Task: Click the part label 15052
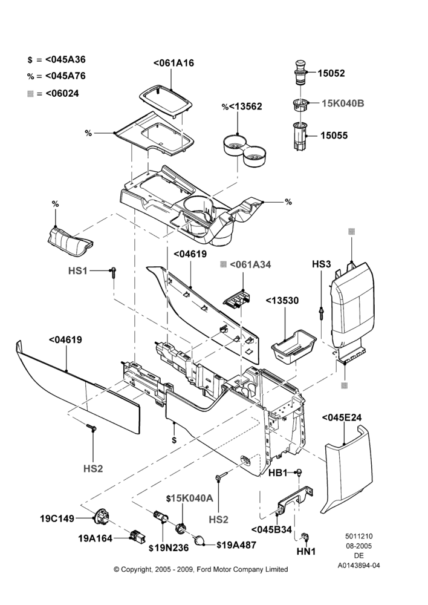(331, 73)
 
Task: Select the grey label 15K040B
(343, 103)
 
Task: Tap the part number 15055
(334, 136)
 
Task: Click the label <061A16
(173, 63)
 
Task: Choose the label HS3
(322, 264)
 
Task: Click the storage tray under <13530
(294, 347)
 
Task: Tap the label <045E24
(342, 417)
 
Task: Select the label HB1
(278, 473)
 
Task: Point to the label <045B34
(271, 529)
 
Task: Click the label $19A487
(236, 545)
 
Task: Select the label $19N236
(169, 548)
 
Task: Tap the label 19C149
(57, 518)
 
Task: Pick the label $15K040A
(190, 498)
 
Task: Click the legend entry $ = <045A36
(57, 59)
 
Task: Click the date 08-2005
(358, 546)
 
